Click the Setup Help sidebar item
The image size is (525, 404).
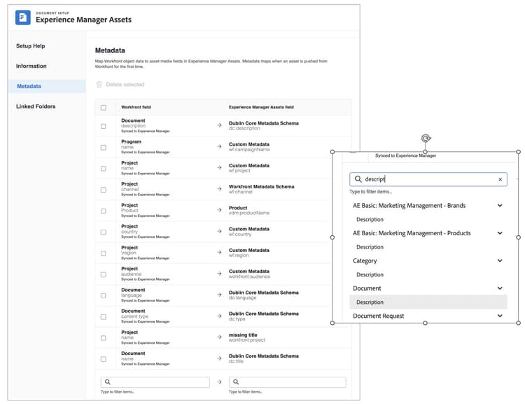click(x=31, y=46)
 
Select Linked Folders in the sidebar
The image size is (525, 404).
click(x=36, y=106)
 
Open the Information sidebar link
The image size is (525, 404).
click(x=31, y=67)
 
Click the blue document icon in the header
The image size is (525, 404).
click(x=23, y=18)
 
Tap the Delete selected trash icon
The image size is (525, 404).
click(x=99, y=85)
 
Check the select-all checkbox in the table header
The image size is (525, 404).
click(x=104, y=108)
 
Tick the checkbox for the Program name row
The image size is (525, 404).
click(x=104, y=147)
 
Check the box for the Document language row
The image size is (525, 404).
click(x=104, y=295)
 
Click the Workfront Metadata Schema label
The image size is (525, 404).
click(x=261, y=187)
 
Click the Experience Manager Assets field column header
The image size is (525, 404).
click(x=261, y=108)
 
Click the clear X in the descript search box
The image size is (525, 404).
click(x=500, y=180)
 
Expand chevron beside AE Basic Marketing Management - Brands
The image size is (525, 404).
click(x=500, y=206)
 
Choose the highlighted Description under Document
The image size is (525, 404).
click(x=370, y=302)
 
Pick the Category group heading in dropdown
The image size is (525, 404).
click(x=365, y=261)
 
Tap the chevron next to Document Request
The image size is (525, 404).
click(x=500, y=316)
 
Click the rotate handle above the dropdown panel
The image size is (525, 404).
click(x=426, y=139)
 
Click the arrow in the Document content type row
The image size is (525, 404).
click(x=219, y=316)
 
